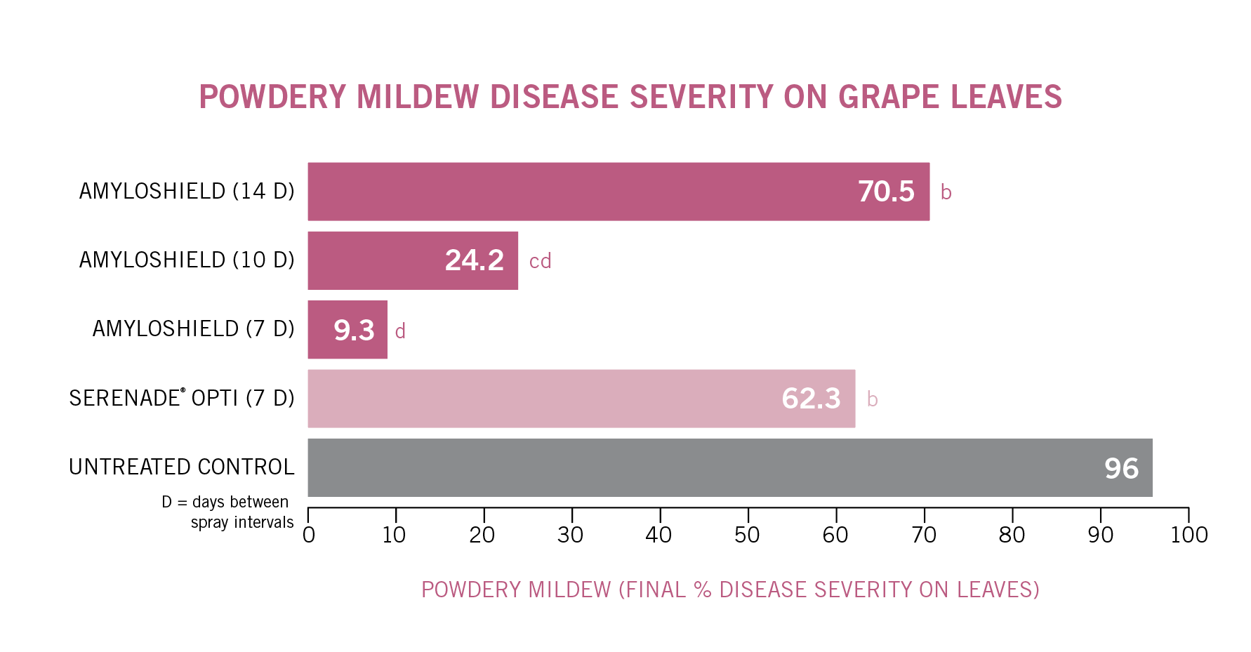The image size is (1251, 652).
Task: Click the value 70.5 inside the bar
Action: pyautogui.click(x=886, y=192)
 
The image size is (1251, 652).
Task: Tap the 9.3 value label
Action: pyautogui.click(x=354, y=330)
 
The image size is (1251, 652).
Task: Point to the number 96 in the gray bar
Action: pyautogui.click(x=1121, y=468)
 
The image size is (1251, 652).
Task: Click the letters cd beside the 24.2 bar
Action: pyautogui.click(x=540, y=261)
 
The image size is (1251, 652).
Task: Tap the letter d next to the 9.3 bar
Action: pyautogui.click(x=400, y=331)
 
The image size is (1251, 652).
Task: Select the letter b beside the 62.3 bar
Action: pyautogui.click(x=872, y=399)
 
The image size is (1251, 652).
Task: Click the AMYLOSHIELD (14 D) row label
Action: pyautogui.click(x=187, y=191)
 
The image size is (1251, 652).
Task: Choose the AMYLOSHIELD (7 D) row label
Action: pyautogui.click(x=193, y=328)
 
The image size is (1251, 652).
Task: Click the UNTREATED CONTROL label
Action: pyautogui.click(x=181, y=467)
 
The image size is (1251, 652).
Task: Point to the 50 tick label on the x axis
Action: pyautogui.click(x=747, y=535)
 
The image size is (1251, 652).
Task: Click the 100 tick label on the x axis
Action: pyautogui.click(x=1189, y=535)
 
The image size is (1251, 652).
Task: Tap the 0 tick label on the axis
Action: pyautogui.click(x=308, y=535)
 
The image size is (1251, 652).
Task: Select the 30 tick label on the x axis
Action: pyautogui.click(x=570, y=535)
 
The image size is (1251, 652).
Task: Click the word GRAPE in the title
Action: pyautogui.click(x=889, y=97)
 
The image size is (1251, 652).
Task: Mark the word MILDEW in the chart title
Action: pyautogui.click(x=418, y=97)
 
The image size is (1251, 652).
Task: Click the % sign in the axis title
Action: pyautogui.click(x=703, y=590)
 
